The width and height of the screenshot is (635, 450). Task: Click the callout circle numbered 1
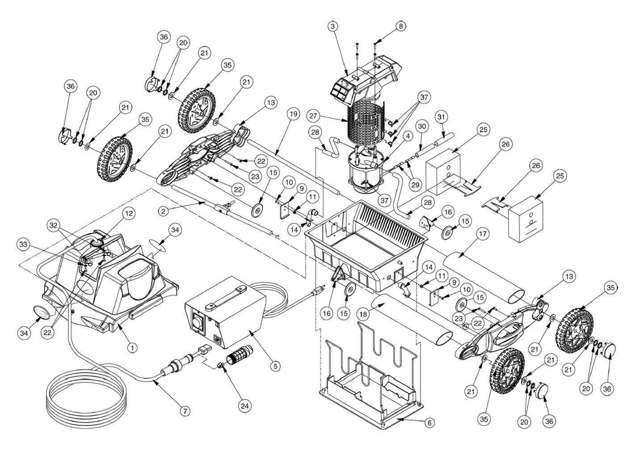(x=132, y=347)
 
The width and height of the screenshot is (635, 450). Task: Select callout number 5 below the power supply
(x=275, y=365)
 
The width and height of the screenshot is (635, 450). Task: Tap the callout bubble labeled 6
(x=429, y=423)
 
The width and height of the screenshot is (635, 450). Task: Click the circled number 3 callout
(x=332, y=26)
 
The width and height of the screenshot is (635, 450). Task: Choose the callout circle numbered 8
(x=401, y=26)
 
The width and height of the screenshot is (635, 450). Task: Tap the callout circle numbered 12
(x=129, y=214)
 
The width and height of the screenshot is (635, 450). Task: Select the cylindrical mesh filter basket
(x=366, y=121)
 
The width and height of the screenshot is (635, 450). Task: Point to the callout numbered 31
(x=442, y=117)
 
